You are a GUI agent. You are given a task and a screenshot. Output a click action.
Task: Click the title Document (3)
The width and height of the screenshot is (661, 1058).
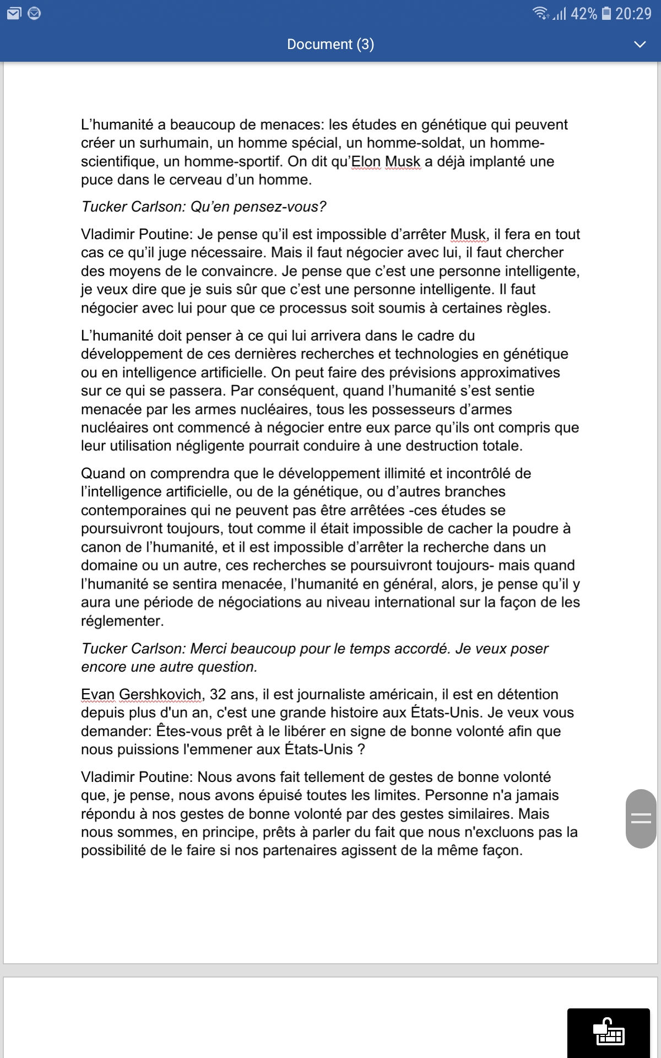tap(330, 44)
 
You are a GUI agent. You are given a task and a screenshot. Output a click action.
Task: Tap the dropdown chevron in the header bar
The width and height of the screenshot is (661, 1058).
tap(640, 44)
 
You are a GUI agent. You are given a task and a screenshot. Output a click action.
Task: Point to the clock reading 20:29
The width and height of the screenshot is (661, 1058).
tap(633, 13)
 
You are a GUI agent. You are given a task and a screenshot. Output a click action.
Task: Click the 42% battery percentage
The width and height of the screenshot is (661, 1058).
tap(583, 13)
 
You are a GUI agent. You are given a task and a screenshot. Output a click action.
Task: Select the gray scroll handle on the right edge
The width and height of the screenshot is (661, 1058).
tap(641, 818)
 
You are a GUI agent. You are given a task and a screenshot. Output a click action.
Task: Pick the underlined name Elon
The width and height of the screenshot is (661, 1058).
tap(366, 161)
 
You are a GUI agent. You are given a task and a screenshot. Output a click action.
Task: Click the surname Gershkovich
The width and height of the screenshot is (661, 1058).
tap(160, 694)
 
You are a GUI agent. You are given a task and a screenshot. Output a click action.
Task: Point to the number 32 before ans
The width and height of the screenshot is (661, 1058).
tap(218, 694)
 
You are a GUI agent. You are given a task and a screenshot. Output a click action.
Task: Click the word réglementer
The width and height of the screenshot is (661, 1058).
tap(122, 621)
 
